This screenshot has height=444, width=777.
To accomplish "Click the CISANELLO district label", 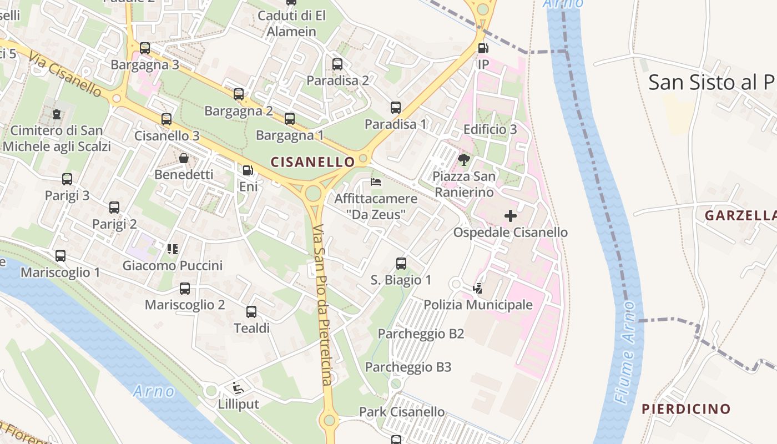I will point(312,162).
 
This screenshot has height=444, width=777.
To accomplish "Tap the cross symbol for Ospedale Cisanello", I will point(511,216).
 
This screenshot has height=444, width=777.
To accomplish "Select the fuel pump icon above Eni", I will point(248,170).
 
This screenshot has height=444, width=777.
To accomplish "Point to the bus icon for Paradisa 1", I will point(395,108).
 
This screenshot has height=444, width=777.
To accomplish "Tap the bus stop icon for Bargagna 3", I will point(145,48).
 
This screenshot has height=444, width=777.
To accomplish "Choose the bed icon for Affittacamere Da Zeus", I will point(376,182).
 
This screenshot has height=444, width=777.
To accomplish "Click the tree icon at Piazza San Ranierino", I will point(464,160).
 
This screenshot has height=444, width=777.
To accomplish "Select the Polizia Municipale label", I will point(478,305).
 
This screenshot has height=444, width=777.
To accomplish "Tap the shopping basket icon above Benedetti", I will point(184,158).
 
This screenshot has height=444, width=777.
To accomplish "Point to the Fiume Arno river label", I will point(625,352).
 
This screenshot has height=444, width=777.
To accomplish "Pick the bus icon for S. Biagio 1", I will point(401,264).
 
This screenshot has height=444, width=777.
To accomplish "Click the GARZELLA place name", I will point(740,215).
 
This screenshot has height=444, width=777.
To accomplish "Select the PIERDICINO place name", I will point(686,409).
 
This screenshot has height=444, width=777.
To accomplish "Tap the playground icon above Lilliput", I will point(239,387).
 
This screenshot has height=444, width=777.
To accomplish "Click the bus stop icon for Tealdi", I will point(251,312).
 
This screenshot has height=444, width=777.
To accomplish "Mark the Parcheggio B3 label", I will point(408,367).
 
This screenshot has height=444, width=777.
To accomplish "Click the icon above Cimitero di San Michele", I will point(57,114).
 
